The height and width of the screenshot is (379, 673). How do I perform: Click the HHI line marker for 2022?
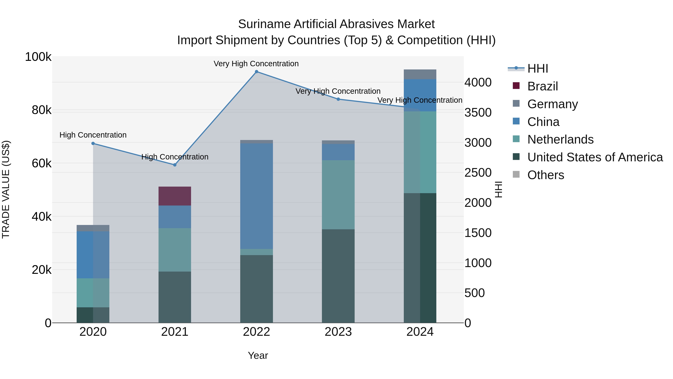[256, 72]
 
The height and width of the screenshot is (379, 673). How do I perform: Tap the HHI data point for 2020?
[93, 143]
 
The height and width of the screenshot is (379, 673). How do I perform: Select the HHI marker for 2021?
[175, 165]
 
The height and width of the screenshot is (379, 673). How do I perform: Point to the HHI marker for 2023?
[338, 99]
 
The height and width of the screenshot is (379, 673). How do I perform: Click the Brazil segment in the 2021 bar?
[175, 196]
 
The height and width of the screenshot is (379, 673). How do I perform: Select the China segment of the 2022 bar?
[256, 196]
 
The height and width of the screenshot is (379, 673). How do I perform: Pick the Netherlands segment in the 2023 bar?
[338, 195]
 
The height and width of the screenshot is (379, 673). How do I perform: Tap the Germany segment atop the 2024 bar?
[420, 74]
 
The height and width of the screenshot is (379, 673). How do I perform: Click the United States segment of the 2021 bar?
[175, 297]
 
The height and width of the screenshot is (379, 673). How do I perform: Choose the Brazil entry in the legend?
[543, 86]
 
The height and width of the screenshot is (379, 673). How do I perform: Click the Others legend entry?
[546, 175]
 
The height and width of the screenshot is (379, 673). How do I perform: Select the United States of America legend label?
[595, 157]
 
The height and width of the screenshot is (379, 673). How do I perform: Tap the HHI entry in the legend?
[538, 69]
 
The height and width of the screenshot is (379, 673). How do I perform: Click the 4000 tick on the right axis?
[478, 82]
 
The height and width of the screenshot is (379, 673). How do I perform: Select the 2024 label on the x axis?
[420, 332]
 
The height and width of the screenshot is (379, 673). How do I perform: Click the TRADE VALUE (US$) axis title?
[6, 189]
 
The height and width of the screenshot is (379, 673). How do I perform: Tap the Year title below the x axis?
[258, 355]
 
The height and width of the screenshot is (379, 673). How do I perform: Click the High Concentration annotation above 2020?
[93, 135]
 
